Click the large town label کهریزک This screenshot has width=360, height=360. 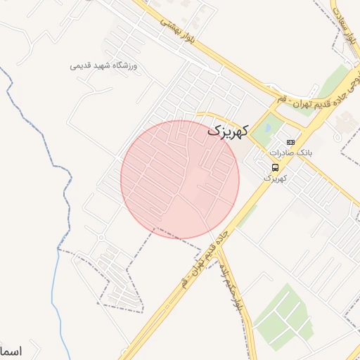click(229, 131)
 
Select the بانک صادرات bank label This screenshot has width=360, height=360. click(290, 152)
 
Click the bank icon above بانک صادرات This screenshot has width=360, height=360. click(290, 141)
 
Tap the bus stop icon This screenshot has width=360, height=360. click(275, 167)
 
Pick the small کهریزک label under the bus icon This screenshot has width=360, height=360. click(276, 178)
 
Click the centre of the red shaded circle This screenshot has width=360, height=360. click(180, 179)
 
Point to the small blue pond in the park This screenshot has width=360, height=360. click(268, 129)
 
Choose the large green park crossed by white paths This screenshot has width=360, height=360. click(281, 316)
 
